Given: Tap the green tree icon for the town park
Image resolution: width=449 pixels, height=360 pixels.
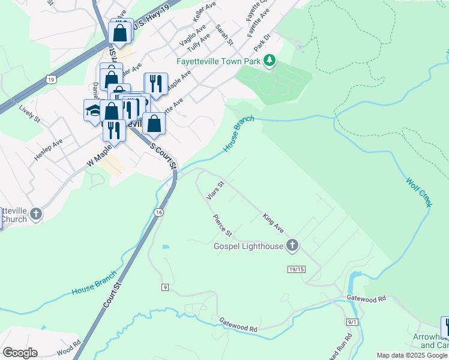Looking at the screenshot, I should pos(270,61).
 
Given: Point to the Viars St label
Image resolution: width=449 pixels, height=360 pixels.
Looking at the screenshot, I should pos(214,190).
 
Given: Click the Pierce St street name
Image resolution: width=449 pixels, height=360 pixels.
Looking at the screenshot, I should pos(222,225).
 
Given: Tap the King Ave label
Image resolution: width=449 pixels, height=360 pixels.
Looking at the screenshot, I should pos(273,223).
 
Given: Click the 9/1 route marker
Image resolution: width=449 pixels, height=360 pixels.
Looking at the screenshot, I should pos(352,322).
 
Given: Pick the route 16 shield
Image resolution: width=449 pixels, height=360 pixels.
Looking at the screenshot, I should pos(158,212).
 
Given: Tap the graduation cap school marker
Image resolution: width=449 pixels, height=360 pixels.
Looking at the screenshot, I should pos(92,110).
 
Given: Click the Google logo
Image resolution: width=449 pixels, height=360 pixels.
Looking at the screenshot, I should pos(20,353).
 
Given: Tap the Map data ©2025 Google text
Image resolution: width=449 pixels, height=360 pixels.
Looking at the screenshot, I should pos(411,355).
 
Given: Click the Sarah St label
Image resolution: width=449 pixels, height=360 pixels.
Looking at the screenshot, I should pos(224,35).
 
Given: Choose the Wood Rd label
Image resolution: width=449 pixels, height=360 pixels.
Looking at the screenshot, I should pos(68,348).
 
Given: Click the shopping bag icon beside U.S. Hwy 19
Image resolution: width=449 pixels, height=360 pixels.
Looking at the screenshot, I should pos(120,32).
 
